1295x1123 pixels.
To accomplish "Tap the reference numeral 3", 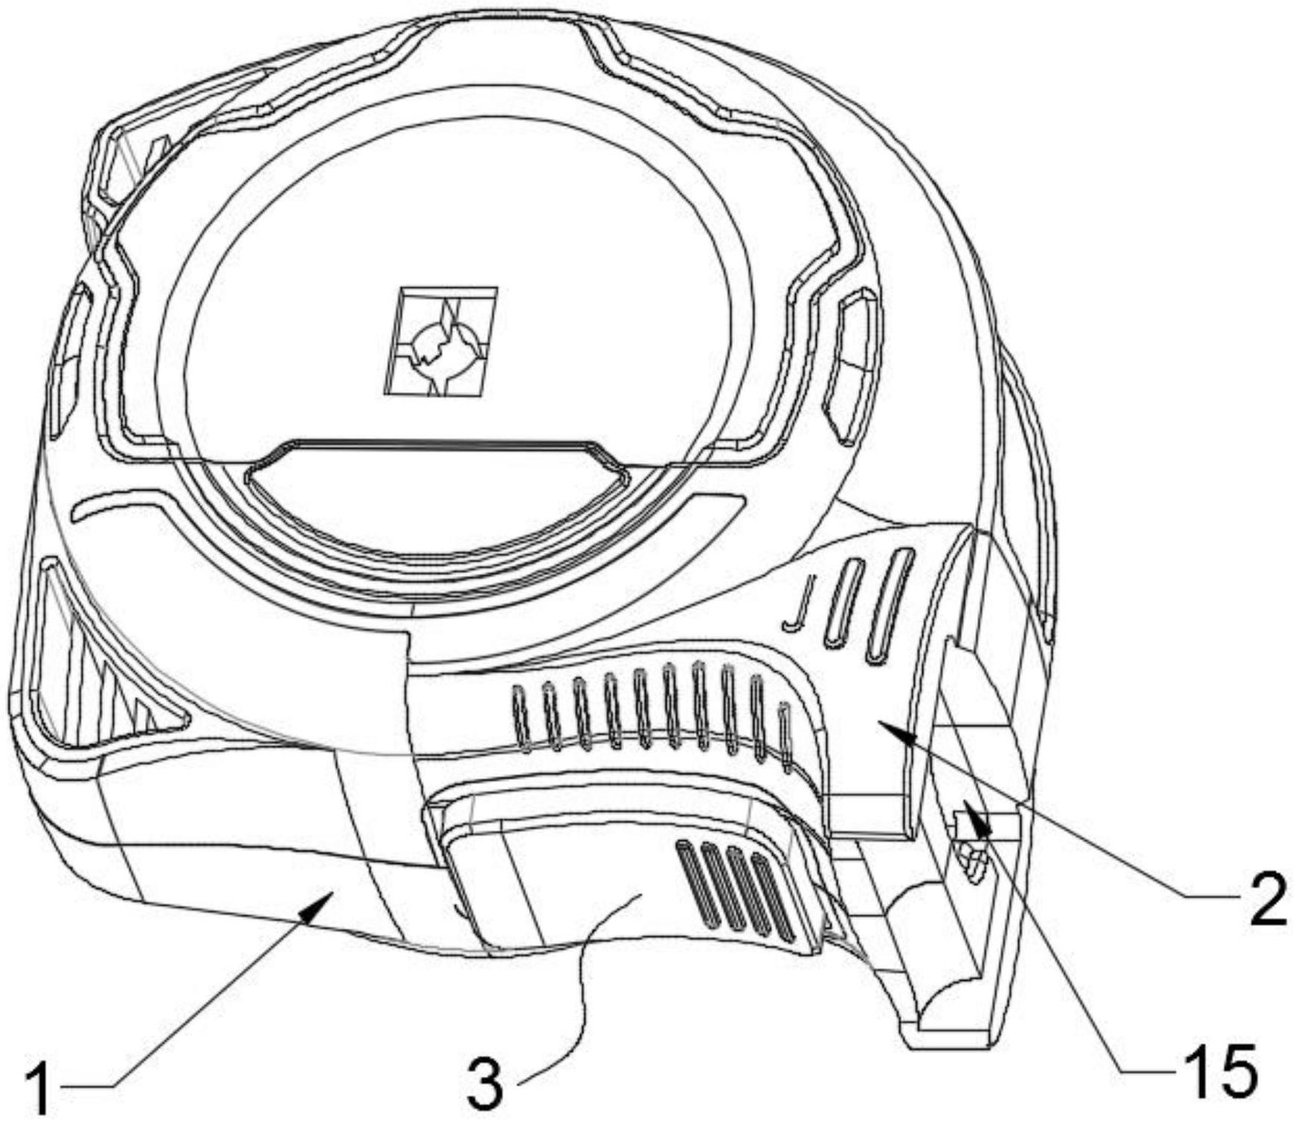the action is click(485, 1084).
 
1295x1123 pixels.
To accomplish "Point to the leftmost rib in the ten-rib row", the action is click(519, 718).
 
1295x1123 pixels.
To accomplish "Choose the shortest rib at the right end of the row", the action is click(784, 735).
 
